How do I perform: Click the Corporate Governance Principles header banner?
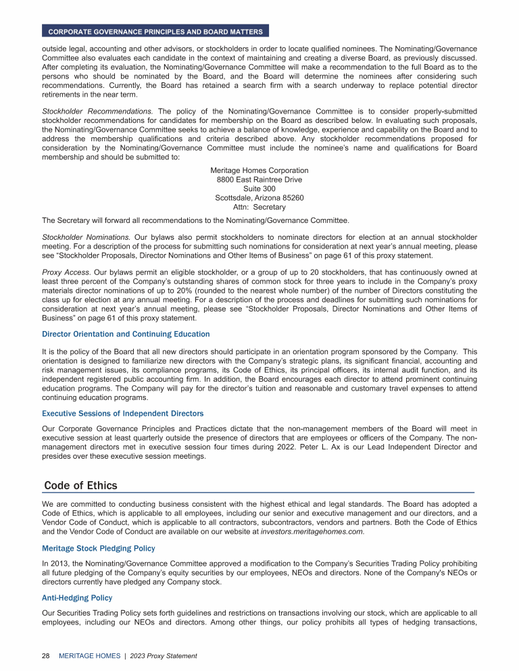pyautogui.click(x=155, y=31)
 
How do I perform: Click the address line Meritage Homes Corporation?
pyautogui.click(x=259, y=171)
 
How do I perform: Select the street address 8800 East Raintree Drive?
pyautogui.click(x=259, y=180)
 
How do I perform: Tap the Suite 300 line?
pyautogui.click(x=259, y=189)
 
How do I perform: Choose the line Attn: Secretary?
pyautogui.click(x=259, y=207)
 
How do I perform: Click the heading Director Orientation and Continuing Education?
pyautogui.click(x=126, y=334)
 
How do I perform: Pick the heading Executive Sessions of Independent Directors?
pyautogui.click(x=122, y=413)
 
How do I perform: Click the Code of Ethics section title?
pyautogui.click(x=80, y=486)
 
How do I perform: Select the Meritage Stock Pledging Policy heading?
pyautogui.click(x=98, y=548)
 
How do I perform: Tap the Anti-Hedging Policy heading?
pyautogui.click(x=76, y=598)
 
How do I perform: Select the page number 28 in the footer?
pyautogui.click(x=46, y=655)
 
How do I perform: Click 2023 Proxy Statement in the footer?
pyautogui.click(x=164, y=655)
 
